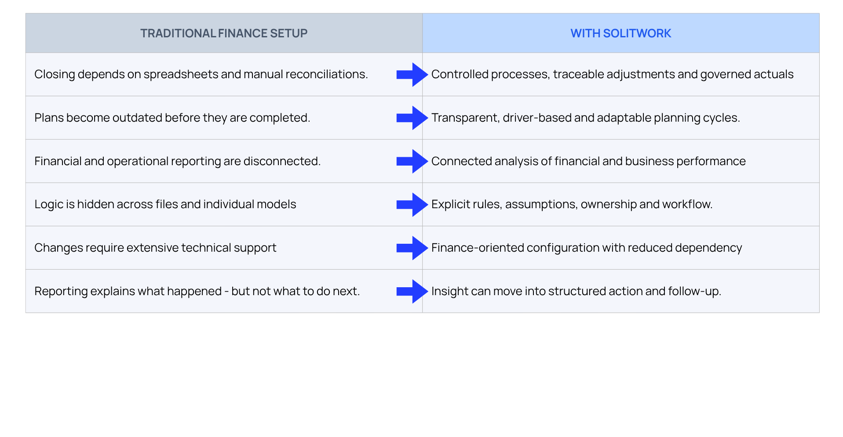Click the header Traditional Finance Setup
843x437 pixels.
[x=223, y=33]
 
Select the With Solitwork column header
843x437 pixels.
[x=620, y=33]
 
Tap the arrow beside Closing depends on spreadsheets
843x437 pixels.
[x=412, y=75]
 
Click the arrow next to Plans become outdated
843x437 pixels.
[x=412, y=118]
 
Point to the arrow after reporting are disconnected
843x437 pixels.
[x=412, y=161]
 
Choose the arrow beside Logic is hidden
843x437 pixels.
[x=412, y=205]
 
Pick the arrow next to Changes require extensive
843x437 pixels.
[x=412, y=248]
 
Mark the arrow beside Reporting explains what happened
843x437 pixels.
[x=412, y=292]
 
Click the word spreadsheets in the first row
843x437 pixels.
[x=181, y=75]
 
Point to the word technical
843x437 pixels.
[x=206, y=248]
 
